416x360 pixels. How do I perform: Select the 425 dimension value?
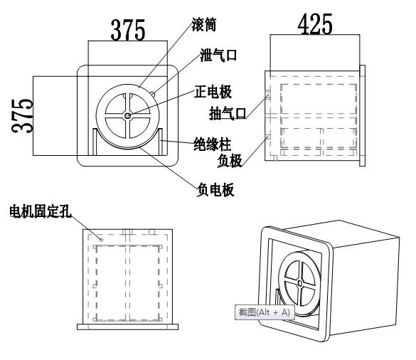pos(314,25)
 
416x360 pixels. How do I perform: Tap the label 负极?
pos(232,160)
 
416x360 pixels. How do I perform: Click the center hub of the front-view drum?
pos(127,115)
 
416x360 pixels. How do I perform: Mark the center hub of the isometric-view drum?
pos(302,282)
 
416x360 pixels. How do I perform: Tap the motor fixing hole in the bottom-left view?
pos(102,240)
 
